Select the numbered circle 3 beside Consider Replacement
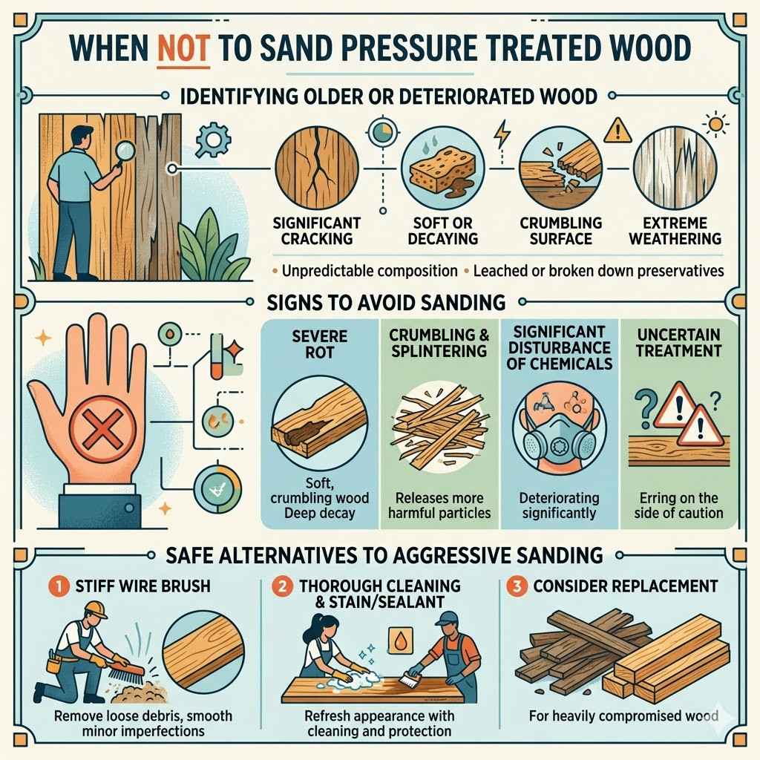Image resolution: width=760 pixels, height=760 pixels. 512,586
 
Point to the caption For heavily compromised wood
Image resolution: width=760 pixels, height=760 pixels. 623,716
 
